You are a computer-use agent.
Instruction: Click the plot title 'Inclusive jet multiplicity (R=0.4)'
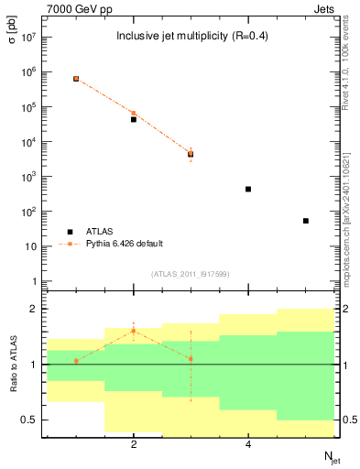[x=190, y=37]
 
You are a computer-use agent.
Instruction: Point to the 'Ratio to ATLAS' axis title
[x=14, y=365]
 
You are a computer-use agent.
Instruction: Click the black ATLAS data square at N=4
[x=248, y=189]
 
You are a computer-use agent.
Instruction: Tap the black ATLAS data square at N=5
[x=305, y=221]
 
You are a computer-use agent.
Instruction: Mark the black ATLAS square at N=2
[x=134, y=119]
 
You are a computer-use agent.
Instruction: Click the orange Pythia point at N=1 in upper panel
[x=76, y=79]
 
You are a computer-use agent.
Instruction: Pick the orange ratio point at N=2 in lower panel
[x=134, y=331]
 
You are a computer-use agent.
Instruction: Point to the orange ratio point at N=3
[x=191, y=358]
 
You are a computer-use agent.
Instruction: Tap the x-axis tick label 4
[x=248, y=445]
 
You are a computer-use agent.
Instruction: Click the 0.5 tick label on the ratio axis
[x=27, y=420]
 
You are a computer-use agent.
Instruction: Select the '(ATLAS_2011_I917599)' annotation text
[x=190, y=273]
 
